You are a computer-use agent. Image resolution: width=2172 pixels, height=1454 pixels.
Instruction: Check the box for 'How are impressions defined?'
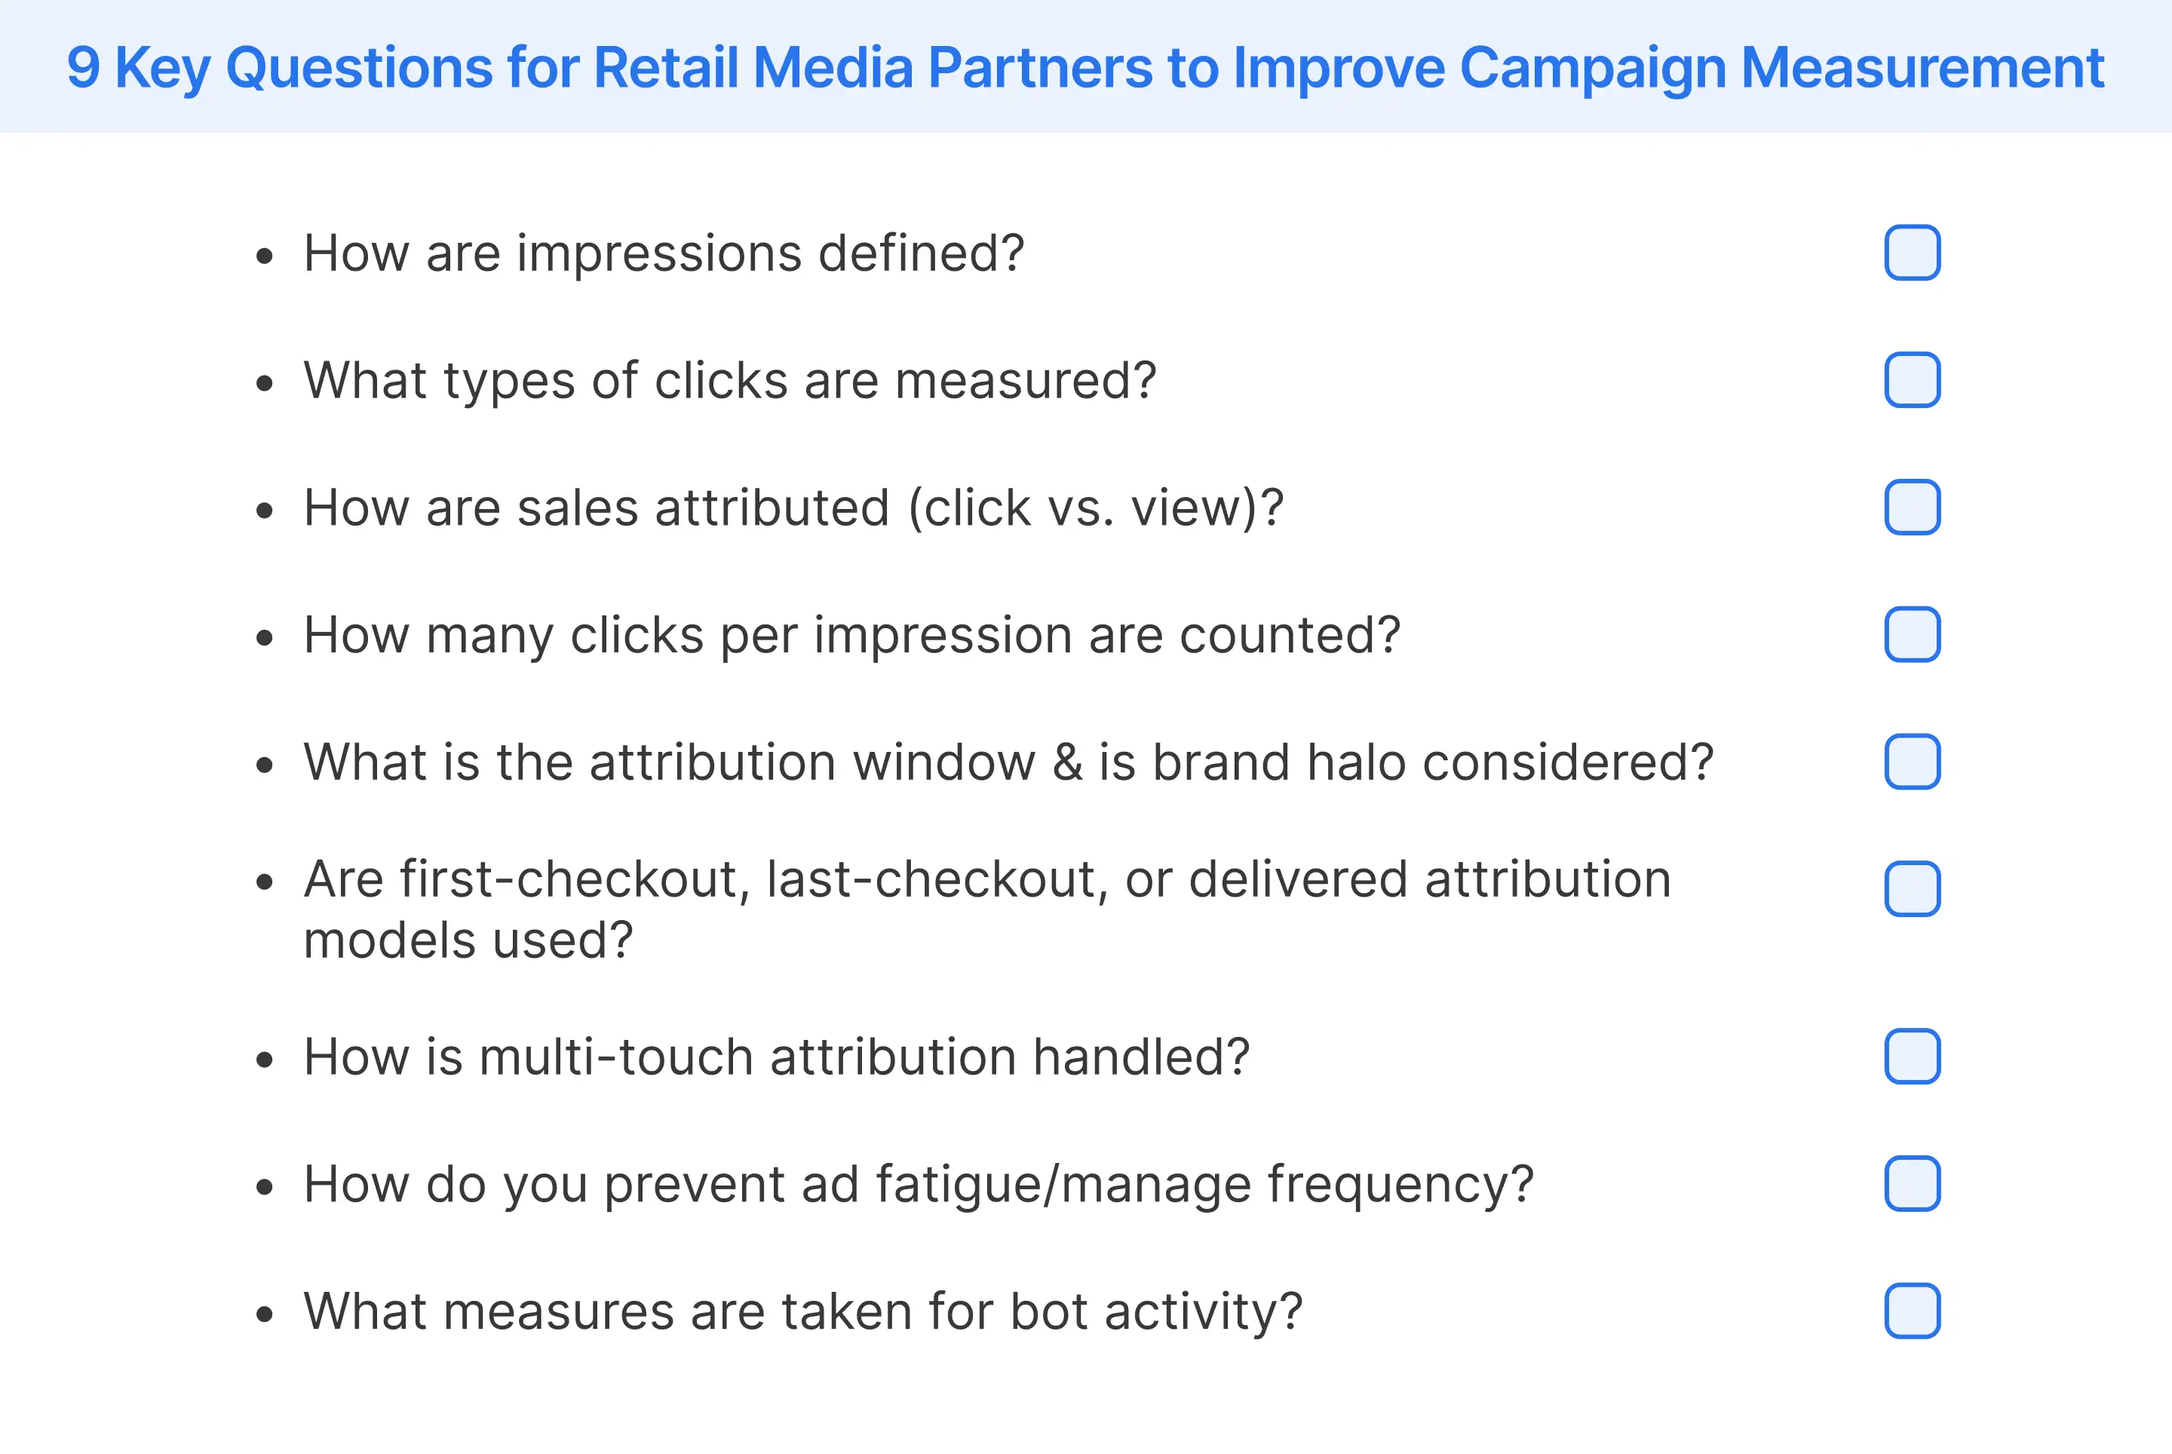coord(1913,252)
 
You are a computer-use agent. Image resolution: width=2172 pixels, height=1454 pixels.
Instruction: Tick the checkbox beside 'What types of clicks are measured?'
coord(1913,380)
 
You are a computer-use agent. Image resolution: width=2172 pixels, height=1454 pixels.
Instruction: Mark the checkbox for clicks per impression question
coord(1913,634)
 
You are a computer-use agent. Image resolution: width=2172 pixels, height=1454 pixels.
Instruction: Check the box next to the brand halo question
coord(1913,761)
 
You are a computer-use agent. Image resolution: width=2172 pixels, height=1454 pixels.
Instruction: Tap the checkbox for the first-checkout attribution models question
coord(1913,888)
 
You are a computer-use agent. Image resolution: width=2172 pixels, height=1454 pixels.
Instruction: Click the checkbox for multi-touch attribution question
coord(1913,1057)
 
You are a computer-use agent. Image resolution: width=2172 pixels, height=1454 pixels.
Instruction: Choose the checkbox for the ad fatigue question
coord(1913,1183)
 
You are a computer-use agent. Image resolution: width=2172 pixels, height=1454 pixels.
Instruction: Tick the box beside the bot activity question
coord(1913,1310)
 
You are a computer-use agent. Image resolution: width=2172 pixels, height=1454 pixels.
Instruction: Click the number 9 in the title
coord(84,68)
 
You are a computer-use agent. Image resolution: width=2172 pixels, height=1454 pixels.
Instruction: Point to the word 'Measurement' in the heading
coord(1922,68)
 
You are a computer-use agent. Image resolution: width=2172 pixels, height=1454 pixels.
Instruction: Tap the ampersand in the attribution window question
coord(1067,762)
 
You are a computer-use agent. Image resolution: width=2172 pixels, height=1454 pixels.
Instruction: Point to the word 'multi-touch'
coord(616,1057)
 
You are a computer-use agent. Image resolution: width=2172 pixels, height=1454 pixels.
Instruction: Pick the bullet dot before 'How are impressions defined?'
coord(265,256)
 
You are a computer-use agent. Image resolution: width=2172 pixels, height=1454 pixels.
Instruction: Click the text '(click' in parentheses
coord(969,508)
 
